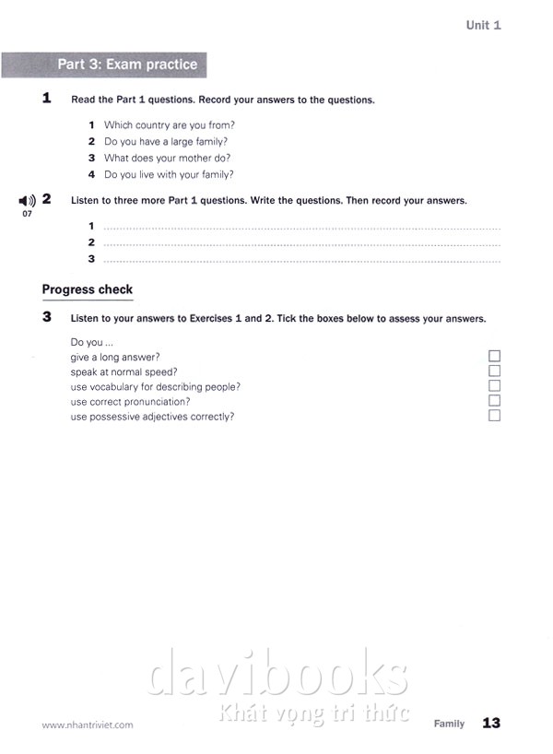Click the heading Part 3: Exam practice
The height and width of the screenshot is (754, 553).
click(x=127, y=65)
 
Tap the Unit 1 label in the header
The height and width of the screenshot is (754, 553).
click(x=483, y=25)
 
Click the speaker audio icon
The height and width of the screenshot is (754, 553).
click(x=27, y=200)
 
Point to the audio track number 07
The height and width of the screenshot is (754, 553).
click(x=27, y=214)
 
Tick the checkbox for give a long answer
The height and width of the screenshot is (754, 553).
click(x=494, y=357)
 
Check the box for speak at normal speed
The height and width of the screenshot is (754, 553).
click(x=494, y=371)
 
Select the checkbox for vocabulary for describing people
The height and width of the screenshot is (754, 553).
click(x=494, y=386)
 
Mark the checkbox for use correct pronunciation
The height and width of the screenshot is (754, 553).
click(x=494, y=401)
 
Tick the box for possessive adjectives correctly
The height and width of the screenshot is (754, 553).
click(x=494, y=416)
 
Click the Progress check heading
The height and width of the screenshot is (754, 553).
click(x=88, y=289)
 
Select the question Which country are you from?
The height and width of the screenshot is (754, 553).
click(x=170, y=124)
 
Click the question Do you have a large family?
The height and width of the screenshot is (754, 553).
click(x=166, y=141)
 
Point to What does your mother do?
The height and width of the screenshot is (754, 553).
click(x=167, y=158)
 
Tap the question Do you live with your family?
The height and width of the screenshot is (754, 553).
click(x=169, y=174)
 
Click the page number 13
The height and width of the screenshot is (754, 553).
click(x=491, y=724)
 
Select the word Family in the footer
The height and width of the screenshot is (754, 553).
click(x=450, y=724)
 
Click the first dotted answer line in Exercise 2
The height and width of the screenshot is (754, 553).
click(x=301, y=227)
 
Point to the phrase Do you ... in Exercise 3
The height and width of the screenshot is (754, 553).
click(x=91, y=342)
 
